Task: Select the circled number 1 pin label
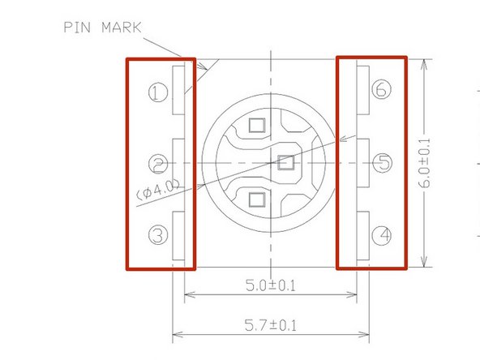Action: pyautogui.click(x=159, y=93)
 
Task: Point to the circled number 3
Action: pyautogui.click(x=159, y=235)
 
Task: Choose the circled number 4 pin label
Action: pyautogui.click(x=381, y=235)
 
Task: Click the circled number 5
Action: pyautogui.click(x=382, y=163)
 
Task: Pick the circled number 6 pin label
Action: pyautogui.click(x=381, y=91)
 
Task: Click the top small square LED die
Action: pyautogui.click(x=257, y=125)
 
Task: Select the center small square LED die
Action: pyautogui.click(x=285, y=162)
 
